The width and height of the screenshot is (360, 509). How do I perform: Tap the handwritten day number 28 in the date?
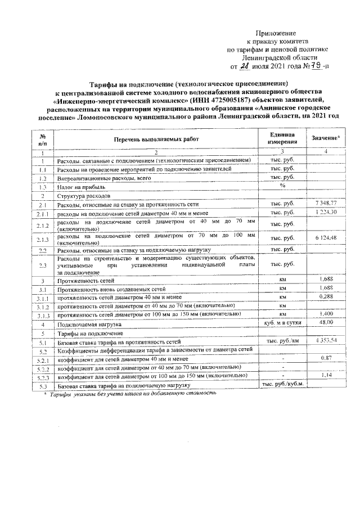243,66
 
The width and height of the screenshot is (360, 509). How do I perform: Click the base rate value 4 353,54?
326,341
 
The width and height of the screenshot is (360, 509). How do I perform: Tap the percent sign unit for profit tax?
283,186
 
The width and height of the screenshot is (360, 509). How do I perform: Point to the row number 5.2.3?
42,376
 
